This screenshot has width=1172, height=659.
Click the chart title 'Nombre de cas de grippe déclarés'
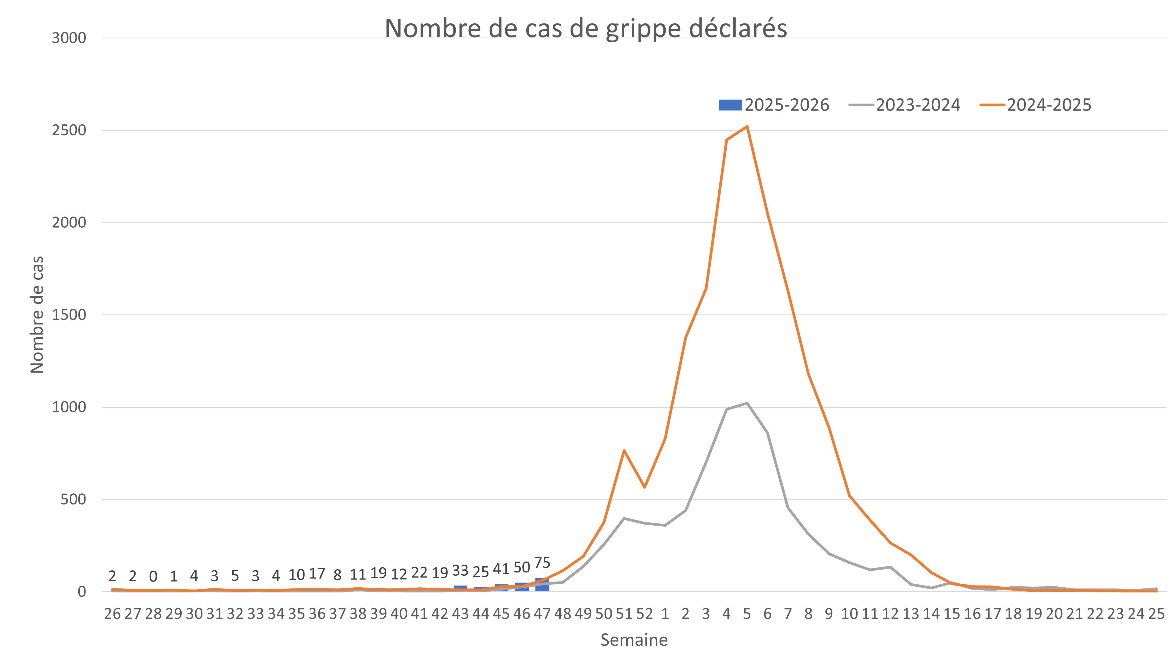click(585, 28)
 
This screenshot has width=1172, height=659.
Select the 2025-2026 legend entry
click(774, 105)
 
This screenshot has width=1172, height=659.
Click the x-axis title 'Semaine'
click(634, 640)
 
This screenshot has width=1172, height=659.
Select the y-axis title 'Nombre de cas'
click(37, 315)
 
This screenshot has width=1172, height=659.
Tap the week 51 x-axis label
click(624, 614)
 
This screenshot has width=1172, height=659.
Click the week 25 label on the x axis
click(1156, 614)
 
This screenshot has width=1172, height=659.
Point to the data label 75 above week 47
click(542, 563)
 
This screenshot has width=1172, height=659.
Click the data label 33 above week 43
click(460, 570)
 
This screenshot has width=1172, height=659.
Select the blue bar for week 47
click(542, 585)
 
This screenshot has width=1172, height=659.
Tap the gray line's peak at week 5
click(747, 403)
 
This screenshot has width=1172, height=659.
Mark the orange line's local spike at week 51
click(624, 450)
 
